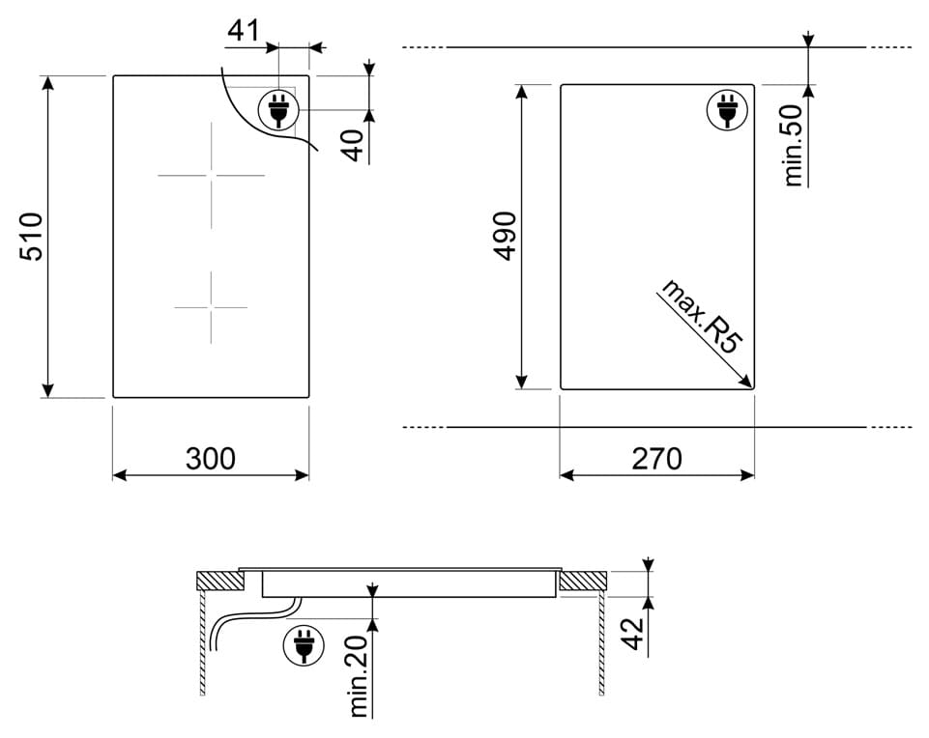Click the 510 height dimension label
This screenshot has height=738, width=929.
[32, 237]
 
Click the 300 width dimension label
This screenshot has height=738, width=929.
[211, 459]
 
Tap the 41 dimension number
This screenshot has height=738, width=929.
[244, 30]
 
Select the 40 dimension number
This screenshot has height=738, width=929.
[354, 146]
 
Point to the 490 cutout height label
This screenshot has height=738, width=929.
[506, 236]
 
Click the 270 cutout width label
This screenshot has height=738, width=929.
[656, 459]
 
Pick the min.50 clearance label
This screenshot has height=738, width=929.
[793, 146]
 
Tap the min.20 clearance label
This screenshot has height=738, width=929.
[359, 676]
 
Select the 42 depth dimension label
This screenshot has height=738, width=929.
[633, 634]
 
